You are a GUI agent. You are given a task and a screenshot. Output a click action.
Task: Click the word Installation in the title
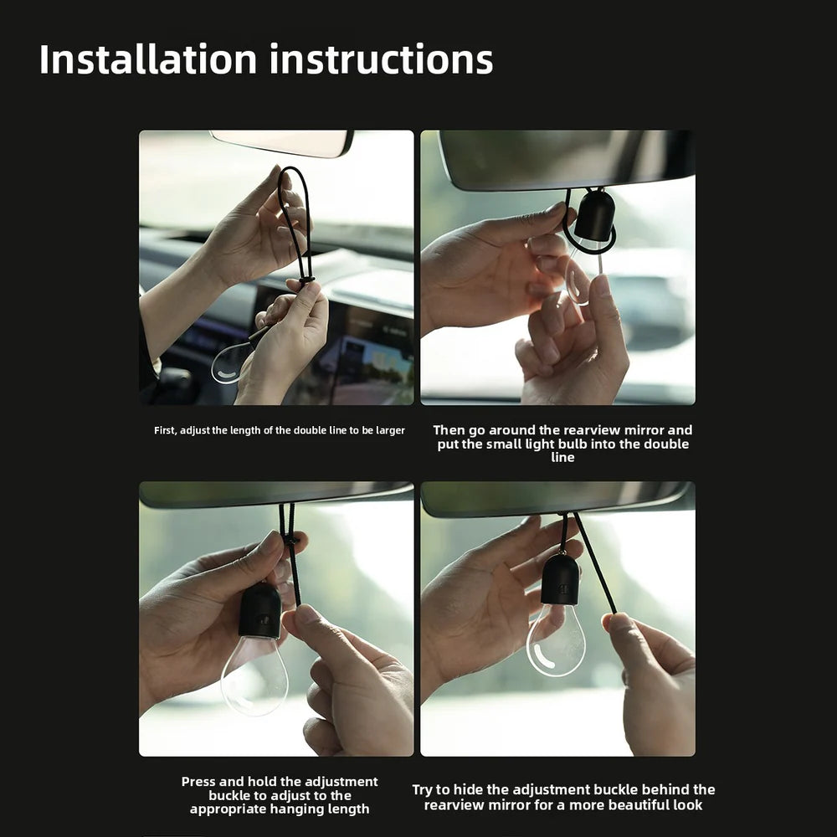coord(148,59)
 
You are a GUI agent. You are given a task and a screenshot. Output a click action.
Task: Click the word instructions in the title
coord(381,59)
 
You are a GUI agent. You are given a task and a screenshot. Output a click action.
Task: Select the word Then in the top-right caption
coord(446,430)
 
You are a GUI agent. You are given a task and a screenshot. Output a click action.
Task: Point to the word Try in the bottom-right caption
coord(422,790)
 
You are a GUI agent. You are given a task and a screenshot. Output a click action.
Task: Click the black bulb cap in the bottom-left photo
coord(260,610)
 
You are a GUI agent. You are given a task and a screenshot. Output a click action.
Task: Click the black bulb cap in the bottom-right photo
coord(560,580)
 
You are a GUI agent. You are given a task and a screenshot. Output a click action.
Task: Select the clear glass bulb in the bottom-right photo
coord(556,640)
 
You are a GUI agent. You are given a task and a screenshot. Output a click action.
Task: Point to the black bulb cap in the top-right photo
coord(594,215)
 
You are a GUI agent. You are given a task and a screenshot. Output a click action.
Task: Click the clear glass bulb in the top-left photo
coord(232,363)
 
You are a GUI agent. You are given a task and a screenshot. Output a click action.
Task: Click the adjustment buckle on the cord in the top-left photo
coord(306,280)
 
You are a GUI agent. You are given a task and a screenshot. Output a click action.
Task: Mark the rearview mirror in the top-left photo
coord(282,142)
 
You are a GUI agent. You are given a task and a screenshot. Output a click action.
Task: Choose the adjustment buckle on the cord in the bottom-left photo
coord(290,541)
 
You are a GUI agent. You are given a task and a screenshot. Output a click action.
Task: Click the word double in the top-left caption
coord(309,431)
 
